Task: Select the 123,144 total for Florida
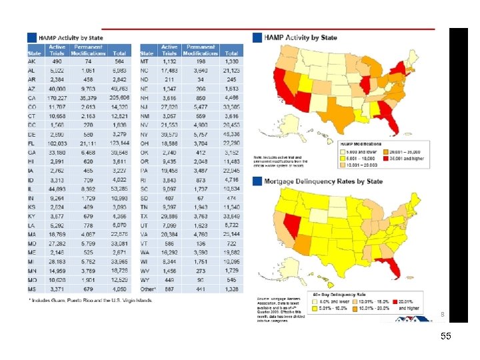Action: coord(119,142)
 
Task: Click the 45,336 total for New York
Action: coord(231,133)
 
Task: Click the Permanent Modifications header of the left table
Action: coord(88,50)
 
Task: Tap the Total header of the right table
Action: coord(231,53)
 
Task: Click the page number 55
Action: coord(445,337)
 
